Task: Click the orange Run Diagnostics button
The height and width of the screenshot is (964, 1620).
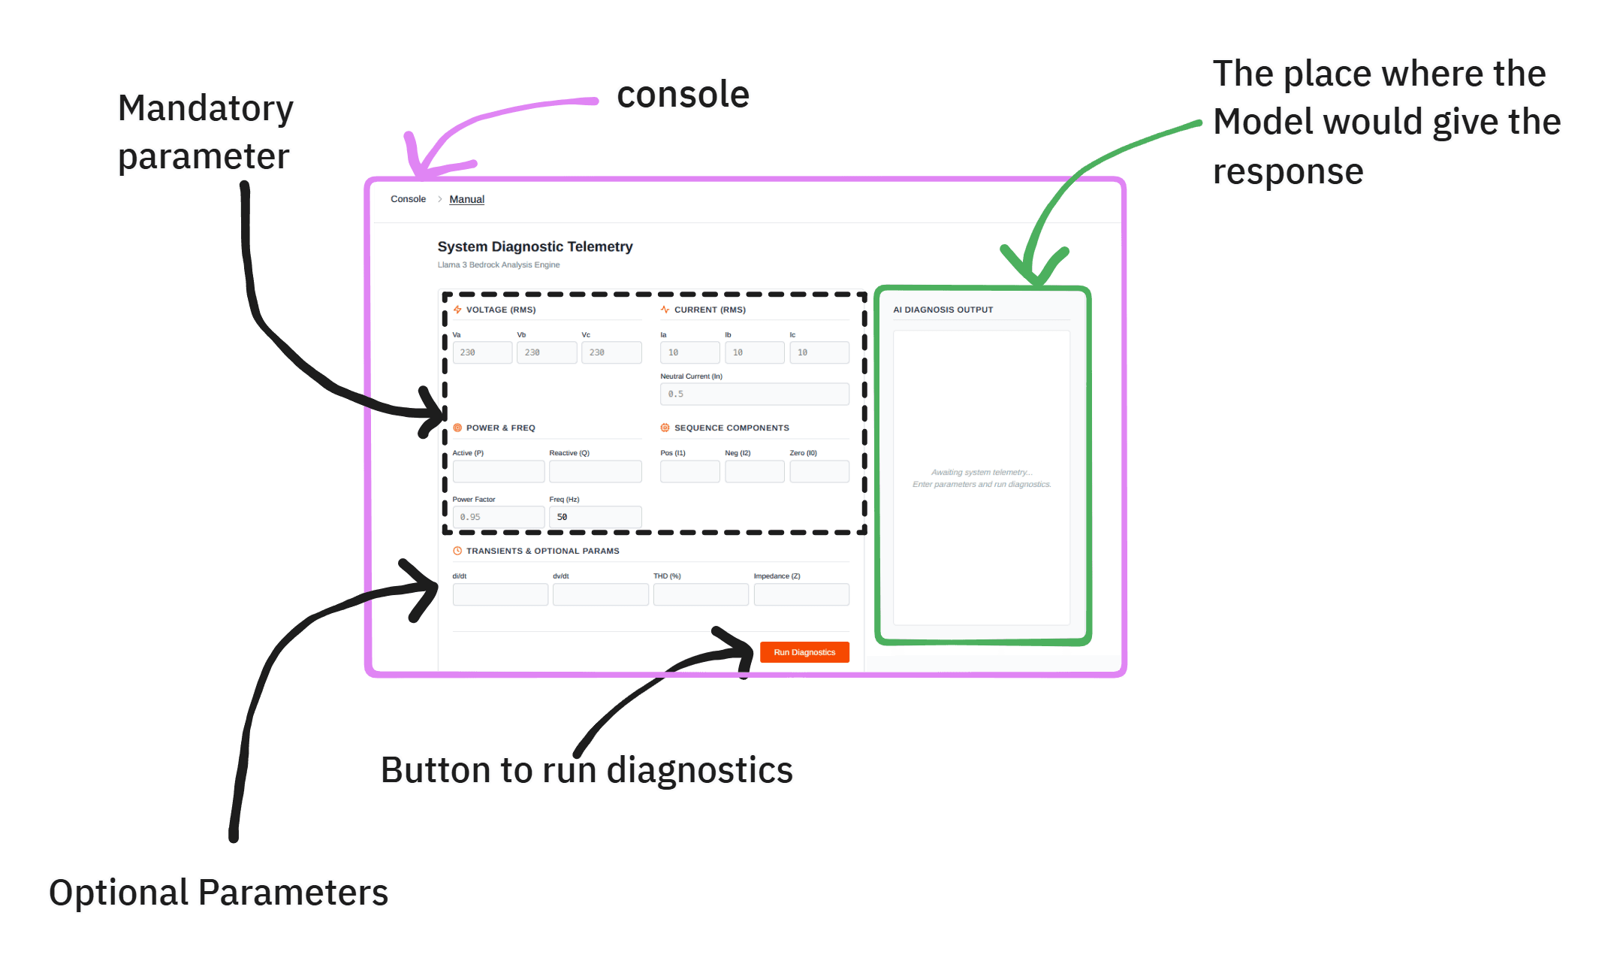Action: click(804, 652)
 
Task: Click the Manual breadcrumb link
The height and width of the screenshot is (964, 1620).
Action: click(466, 199)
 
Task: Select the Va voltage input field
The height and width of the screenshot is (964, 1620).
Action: click(482, 352)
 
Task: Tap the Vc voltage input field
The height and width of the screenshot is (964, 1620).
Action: click(611, 352)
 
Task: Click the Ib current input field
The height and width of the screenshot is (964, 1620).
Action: click(754, 352)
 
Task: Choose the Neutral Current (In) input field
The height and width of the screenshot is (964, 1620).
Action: click(755, 394)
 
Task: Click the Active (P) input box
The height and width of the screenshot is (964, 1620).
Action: click(498, 471)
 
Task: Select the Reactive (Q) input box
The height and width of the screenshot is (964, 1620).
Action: click(595, 471)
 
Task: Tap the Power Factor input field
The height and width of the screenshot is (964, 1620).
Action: click(498, 517)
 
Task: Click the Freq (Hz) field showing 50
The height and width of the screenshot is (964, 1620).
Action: click(595, 517)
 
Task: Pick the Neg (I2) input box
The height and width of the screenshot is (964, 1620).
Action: click(754, 471)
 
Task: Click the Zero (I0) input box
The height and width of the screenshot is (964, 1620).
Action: click(819, 471)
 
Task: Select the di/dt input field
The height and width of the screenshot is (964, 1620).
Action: click(500, 594)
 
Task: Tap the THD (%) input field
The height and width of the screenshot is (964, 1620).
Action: click(701, 594)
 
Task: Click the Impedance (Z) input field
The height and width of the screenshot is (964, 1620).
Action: click(801, 594)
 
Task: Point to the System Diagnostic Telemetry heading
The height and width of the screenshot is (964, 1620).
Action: click(535, 246)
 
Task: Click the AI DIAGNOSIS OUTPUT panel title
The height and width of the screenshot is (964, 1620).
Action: click(943, 310)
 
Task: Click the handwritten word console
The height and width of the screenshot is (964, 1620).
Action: click(683, 95)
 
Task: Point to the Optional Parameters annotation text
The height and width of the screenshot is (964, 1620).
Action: click(219, 893)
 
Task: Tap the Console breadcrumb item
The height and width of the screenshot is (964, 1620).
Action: click(408, 199)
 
